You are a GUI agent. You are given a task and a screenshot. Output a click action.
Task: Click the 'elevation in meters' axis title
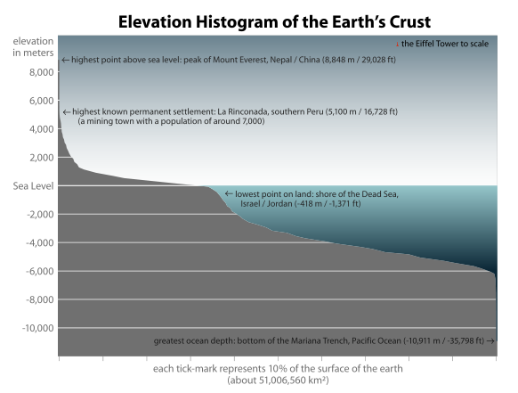32,48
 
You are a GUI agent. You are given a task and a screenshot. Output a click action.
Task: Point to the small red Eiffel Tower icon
396,44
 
